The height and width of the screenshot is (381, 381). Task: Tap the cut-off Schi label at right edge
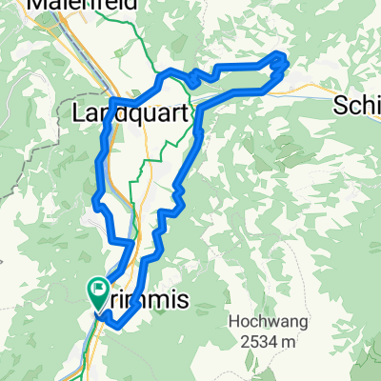[x=357, y=107]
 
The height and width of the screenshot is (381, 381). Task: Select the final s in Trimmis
[x=183, y=300]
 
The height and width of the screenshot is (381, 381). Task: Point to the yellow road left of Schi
[x=314, y=92]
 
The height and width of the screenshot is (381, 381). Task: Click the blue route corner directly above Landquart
[x=114, y=99]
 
